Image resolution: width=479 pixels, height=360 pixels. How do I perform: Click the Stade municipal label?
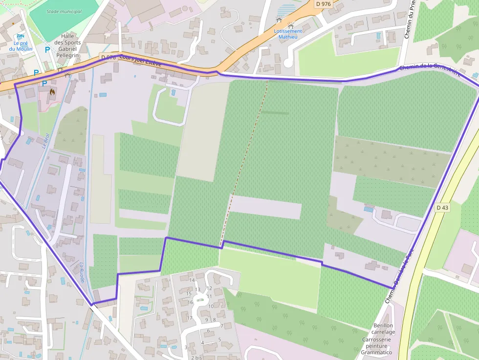(x=64, y=11)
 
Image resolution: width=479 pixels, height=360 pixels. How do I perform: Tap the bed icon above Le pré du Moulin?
(x=21, y=37)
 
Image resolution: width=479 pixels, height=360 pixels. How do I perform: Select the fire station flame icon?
(x=52, y=91)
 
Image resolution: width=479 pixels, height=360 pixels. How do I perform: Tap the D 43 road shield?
(x=442, y=208)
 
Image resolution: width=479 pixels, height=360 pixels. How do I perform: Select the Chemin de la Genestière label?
(x=429, y=71)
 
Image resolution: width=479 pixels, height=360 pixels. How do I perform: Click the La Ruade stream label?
(x=82, y=272)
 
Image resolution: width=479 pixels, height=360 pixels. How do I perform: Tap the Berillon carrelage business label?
(x=383, y=329)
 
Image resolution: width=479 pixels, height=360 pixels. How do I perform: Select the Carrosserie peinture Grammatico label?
(x=376, y=346)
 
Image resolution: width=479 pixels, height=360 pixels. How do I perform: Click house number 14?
(x=192, y=280)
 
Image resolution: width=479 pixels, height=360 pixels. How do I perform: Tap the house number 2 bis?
(x=196, y=358)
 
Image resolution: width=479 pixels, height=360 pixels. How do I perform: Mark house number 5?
(x=219, y=339)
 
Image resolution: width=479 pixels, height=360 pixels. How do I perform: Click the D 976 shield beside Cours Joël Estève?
(x=109, y=57)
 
